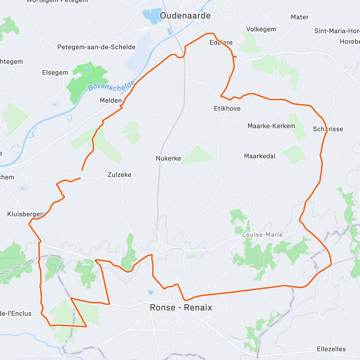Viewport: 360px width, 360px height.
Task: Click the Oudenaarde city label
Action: pos(185,16)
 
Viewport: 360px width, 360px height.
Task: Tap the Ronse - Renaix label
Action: pos(181,307)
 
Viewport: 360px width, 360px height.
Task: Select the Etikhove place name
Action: pos(227,109)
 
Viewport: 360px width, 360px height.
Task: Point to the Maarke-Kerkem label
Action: pos(271,126)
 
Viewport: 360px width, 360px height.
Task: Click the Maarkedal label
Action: pos(259,156)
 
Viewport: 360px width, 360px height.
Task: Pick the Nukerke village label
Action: pos(168,158)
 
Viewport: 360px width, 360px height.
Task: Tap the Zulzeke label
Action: pos(119,175)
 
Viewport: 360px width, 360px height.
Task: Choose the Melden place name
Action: pos(111,100)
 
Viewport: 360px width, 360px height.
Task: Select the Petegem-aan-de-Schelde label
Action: pos(96,47)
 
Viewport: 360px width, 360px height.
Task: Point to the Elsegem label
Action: pos(55,73)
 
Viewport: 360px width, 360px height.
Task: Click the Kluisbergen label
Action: pos(25,214)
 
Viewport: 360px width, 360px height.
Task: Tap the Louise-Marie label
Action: pos(262,235)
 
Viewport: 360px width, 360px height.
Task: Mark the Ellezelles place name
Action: pos(331,349)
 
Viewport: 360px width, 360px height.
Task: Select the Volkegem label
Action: pos(261,29)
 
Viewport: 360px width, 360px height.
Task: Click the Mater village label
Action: pos(300,17)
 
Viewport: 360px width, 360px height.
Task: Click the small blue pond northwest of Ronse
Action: pos(151,292)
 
